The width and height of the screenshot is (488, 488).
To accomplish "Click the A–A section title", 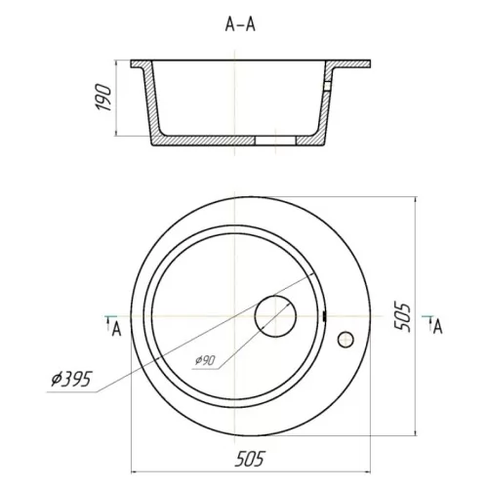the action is click(240, 24).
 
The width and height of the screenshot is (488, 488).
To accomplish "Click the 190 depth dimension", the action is click(103, 98).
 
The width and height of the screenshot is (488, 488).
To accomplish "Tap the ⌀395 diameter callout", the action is click(72, 379).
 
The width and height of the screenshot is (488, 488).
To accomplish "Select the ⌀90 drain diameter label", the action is click(205, 360).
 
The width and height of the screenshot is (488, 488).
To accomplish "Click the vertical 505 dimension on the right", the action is click(402, 317).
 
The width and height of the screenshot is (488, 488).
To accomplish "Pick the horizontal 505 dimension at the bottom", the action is click(250, 459).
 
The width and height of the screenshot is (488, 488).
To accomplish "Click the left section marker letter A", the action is click(116, 329).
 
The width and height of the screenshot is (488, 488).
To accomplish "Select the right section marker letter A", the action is click(438, 327).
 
